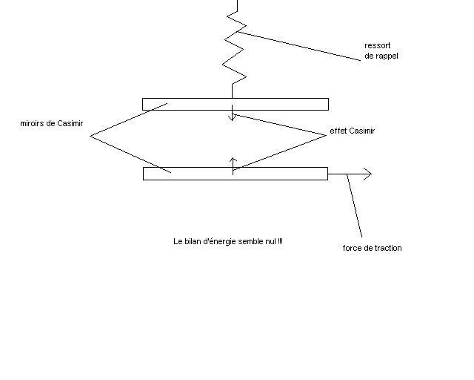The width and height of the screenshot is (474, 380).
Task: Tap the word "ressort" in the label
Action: click(x=377, y=45)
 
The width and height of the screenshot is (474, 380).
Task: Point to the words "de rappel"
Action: click(x=381, y=56)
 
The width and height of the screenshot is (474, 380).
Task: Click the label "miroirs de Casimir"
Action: click(x=51, y=123)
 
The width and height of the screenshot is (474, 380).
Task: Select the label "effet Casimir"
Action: click(x=352, y=131)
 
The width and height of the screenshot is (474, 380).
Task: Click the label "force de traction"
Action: click(x=372, y=248)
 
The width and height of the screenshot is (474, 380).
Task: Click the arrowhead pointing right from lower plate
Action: click(x=367, y=174)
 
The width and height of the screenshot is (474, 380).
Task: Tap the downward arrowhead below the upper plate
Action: click(x=232, y=117)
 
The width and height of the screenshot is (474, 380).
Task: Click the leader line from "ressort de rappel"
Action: click(x=296, y=45)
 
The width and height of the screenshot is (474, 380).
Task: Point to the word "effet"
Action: click(x=338, y=131)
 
